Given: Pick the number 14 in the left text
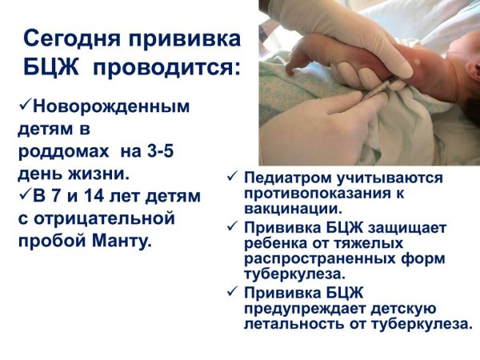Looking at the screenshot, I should coord(95,195).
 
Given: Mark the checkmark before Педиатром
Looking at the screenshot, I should coord(232,176).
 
